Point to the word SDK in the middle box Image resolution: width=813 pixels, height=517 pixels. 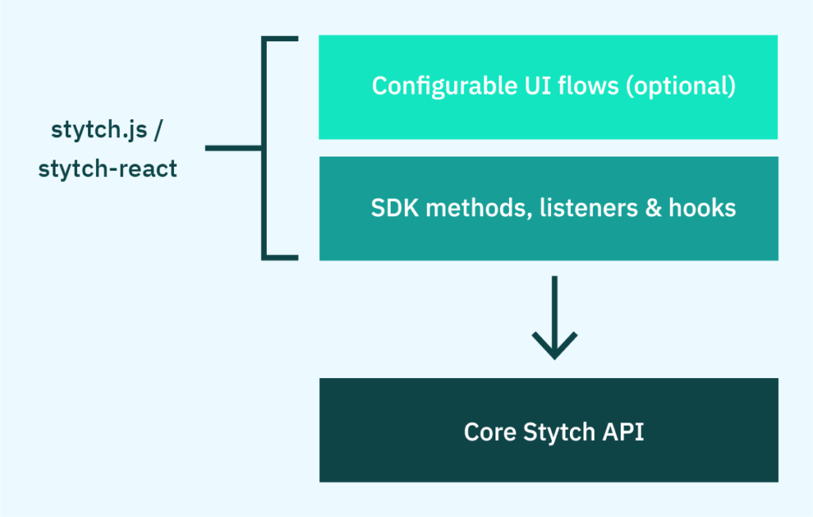click(x=395, y=208)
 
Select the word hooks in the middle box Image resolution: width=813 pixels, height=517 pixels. click(x=702, y=208)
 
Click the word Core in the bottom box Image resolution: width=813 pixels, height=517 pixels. click(x=490, y=432)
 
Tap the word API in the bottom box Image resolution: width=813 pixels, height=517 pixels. click(x=623, y=432)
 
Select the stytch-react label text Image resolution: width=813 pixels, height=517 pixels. click(x=107, y=169)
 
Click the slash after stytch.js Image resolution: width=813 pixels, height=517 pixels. click(x=158, y=130)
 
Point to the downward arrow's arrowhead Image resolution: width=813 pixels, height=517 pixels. click(x=555, y=345)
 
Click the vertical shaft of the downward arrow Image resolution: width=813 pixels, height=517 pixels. click(x=555, y=306)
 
